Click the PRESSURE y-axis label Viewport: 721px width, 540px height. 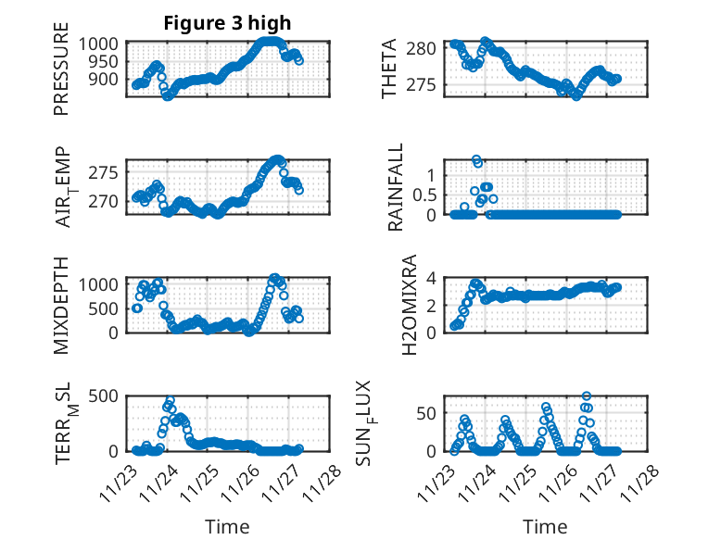(x=62, y=75)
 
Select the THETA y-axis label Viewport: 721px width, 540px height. (x=390, y=69)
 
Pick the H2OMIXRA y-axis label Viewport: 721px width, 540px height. (x=396, y=305)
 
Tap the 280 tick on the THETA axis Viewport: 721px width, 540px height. (x=424, y=48)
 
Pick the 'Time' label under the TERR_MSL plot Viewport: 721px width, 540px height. (x=227, y=527)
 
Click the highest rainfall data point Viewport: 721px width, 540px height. (x=476, y=159)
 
